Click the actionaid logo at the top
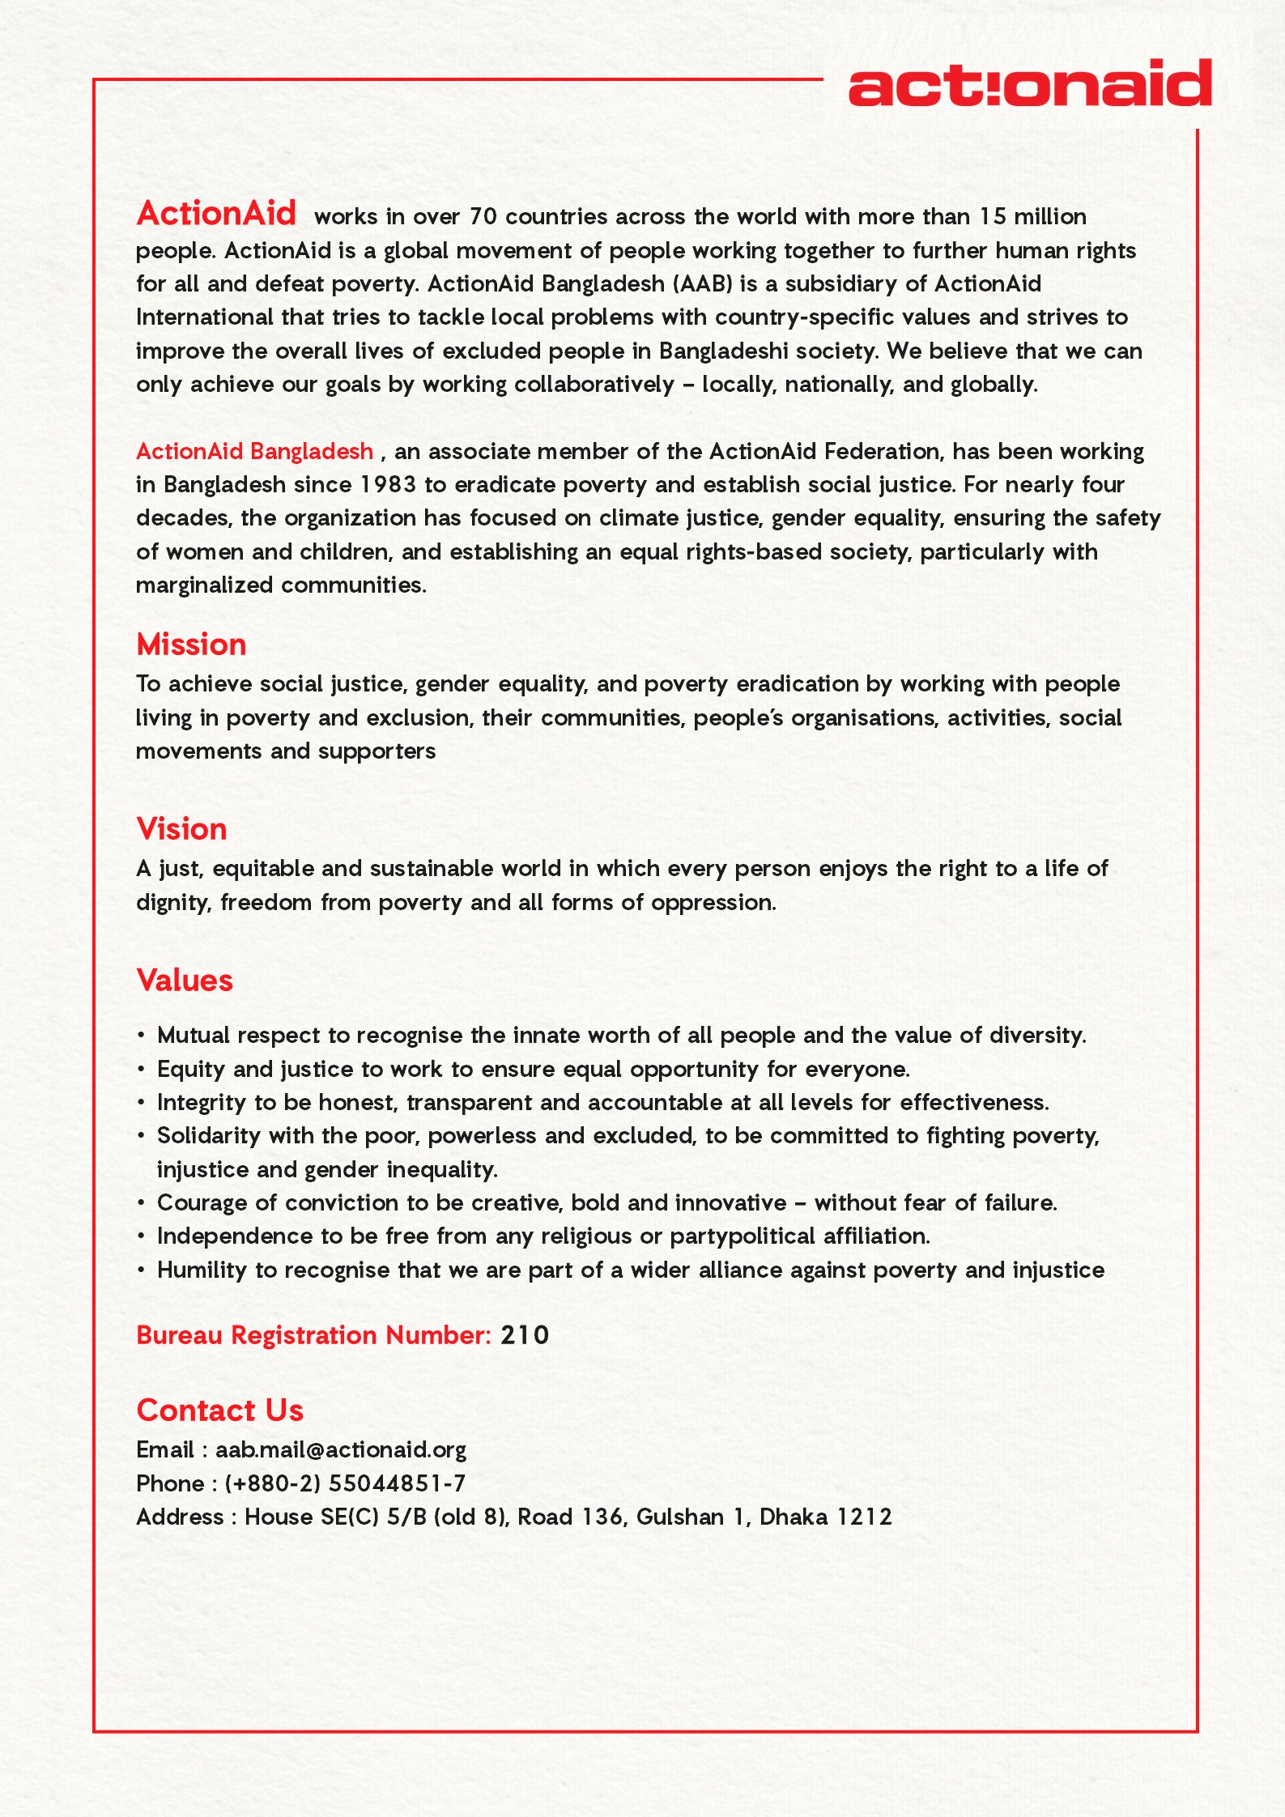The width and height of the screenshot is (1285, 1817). (x=1029, y=83)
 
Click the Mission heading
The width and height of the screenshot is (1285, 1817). (x=191, y=645)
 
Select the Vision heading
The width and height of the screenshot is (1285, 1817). (x=181, y=829)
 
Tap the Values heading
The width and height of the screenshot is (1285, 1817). (x=185, y=981)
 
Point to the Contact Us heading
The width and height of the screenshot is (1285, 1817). (x=219, y=1411)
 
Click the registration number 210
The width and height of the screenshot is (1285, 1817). (x=525, y=1335)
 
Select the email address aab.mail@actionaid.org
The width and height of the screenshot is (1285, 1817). (x=340, y=1450)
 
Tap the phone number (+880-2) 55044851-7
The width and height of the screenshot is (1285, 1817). (x=345, y=1483)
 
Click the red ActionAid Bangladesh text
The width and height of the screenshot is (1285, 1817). (x=254, y=451)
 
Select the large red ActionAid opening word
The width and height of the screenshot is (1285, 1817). (x=216, y=214)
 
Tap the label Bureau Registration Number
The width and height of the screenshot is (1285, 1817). (x=313, y=1335)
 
